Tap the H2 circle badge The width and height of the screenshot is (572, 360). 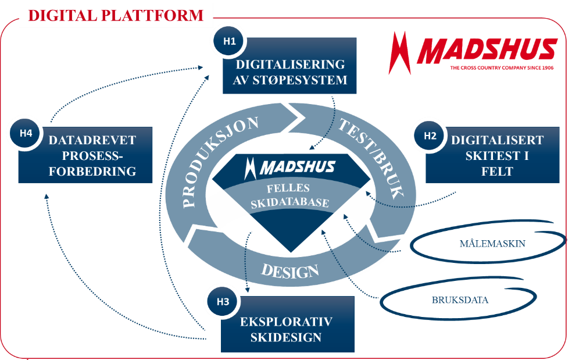click(x=430, y=136)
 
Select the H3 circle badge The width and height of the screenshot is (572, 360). click(x=223, y=301)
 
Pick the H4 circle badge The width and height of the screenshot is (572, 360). click(x=26, y=133)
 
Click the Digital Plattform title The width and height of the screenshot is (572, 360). click(x=116, y=15)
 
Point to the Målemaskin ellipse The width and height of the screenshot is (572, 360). click(x=492, y=243)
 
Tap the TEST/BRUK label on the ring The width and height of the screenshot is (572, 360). click(x=370, y=156)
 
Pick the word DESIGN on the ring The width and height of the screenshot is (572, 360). click(x=289, y=270)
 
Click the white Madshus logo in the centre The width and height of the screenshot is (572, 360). click(x=289, y=167)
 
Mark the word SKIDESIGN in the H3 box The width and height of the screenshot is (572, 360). click(x=287, y=338)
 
